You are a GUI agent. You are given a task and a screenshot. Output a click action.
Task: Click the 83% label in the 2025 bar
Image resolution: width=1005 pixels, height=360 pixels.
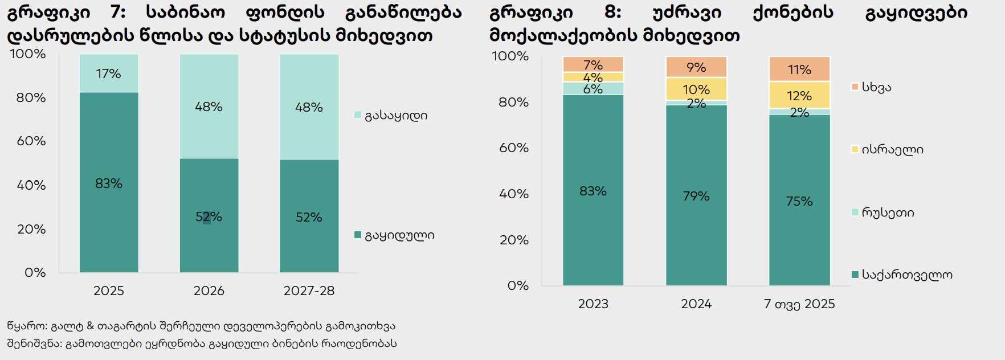(109, 183)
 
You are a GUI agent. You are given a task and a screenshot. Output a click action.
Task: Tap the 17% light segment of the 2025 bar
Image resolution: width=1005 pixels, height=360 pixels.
(109, 73)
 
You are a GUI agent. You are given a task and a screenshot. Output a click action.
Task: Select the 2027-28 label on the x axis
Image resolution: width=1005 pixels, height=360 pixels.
(309, 291)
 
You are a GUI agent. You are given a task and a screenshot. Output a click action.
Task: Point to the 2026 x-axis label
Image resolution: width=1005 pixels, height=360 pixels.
(209, 291)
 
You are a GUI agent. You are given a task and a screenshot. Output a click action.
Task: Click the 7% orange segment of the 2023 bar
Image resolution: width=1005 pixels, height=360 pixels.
(593, 65)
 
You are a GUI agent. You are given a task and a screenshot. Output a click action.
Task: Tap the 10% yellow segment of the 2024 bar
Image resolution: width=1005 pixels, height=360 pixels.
(696, 89)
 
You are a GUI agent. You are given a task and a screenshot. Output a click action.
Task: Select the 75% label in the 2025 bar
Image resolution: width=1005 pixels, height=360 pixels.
(799, 201)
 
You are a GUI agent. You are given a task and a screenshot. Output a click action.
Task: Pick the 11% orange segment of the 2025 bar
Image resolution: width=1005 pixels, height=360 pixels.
(799, 69)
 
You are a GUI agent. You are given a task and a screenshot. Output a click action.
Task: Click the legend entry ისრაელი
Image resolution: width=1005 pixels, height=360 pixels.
(892, 150)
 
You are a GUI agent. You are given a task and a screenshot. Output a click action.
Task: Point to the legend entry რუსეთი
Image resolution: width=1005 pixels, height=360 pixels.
(888, 213)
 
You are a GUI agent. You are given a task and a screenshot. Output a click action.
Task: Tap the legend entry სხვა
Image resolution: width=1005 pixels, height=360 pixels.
(876, 88)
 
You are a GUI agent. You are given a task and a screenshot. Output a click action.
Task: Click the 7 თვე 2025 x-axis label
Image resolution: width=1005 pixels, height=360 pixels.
(799, 304)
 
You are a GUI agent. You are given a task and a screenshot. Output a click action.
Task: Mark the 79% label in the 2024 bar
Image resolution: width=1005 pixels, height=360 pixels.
(696, 197)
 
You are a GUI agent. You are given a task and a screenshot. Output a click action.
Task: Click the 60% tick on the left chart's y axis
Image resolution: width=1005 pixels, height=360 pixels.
(31, 141)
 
